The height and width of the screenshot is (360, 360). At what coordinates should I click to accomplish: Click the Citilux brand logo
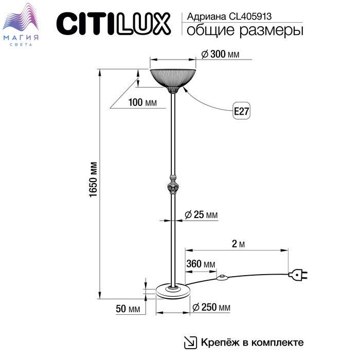(x=114, y=24)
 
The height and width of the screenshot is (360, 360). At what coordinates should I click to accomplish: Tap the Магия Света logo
(x=21, y=25)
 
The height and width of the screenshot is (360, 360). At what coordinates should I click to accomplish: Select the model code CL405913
(x=250, y=16)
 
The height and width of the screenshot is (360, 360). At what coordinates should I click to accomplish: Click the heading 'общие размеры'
(x=245, y=30)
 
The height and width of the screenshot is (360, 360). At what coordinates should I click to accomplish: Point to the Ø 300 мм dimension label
(x=220, y=55)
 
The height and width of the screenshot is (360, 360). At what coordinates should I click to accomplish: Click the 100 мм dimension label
(x=142, y=102)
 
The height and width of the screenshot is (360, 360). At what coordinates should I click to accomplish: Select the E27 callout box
(x=242, y=111)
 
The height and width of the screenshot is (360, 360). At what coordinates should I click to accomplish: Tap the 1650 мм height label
(x=94, y=179)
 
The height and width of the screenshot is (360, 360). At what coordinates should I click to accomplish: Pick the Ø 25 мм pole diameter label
(x=201, y=214)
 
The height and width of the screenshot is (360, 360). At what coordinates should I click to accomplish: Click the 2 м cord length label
(x=238, y=244)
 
